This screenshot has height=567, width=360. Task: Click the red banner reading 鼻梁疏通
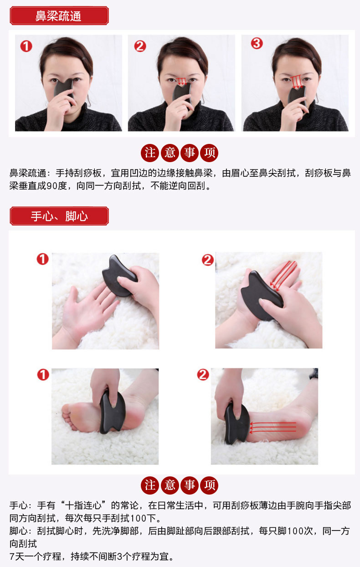point(59,16)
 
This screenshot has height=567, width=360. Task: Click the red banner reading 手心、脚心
point(59,216)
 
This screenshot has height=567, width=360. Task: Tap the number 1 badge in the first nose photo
point(26,46)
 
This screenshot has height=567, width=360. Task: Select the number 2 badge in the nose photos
point(140,46)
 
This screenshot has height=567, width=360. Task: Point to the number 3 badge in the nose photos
point(257,44)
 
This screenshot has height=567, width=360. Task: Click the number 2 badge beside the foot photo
point(203,375)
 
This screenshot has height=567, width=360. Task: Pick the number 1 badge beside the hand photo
point(42,259)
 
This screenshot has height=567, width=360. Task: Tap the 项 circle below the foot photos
point(210,485)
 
